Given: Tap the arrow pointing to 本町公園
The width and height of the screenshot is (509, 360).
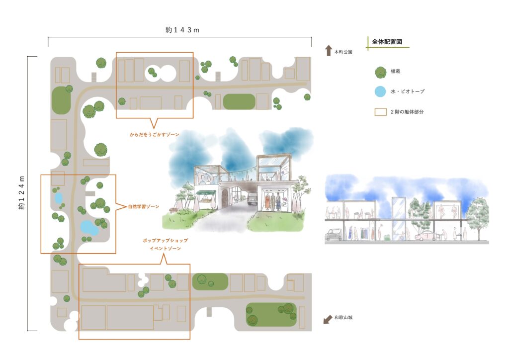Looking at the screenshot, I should [328, 51].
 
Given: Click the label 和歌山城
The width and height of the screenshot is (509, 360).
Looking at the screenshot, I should [343, 317].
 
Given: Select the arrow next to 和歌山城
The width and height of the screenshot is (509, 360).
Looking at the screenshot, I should [328, 319].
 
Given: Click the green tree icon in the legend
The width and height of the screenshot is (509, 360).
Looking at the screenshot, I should [380, 72].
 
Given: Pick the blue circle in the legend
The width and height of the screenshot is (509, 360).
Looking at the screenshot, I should [380, 91].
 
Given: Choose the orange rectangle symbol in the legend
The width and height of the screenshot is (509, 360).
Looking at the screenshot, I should [380, 112].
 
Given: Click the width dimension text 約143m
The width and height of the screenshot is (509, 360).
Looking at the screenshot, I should [182, 30].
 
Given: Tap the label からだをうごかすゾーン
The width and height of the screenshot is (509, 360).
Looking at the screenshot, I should [155, 135].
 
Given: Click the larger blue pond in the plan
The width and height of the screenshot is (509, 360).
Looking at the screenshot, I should [89, 227].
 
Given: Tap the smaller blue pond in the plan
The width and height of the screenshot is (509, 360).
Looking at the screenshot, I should [59, 198].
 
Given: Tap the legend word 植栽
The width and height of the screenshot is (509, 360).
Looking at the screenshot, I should [397, 73].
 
